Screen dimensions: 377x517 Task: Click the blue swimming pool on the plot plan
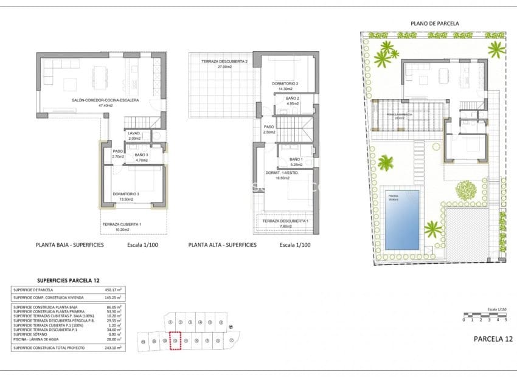point(402,220)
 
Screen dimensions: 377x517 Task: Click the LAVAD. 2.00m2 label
point(134,136)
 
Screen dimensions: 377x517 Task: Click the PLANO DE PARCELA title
point(434,24)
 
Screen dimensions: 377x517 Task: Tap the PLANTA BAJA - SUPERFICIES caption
point(71,245)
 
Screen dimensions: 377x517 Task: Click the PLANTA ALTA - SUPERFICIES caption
point(222,245)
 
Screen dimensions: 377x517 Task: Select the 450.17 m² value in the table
point(113,290)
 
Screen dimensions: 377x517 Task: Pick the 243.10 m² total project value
point(113,347)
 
